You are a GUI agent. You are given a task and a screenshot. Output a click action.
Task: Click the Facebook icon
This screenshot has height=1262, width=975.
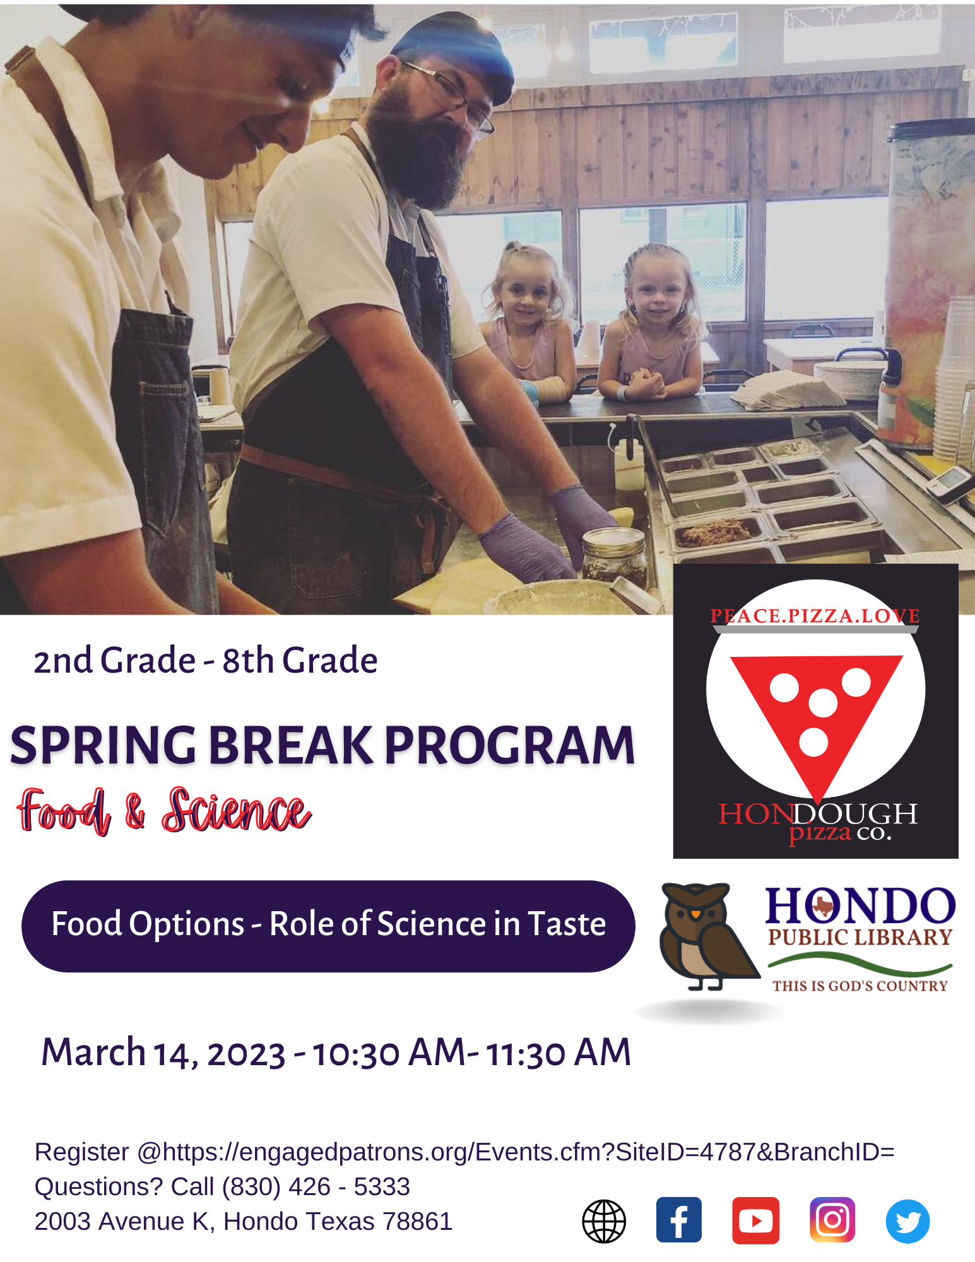[x=678, y=1219]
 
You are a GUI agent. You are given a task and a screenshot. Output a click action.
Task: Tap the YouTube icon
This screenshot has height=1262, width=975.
[x=755, y=1220]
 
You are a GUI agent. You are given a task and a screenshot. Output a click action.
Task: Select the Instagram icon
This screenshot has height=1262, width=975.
[x=832, y=1219]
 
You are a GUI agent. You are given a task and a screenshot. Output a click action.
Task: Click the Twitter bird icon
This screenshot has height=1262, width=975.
[x=907, y=1221]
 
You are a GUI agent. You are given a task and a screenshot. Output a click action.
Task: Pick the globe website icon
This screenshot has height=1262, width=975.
[x=604, y=1221]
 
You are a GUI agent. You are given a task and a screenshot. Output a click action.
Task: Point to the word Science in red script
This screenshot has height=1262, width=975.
[x=236, y=811]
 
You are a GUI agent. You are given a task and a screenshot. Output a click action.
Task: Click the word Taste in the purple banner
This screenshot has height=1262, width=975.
[x=566, y=924]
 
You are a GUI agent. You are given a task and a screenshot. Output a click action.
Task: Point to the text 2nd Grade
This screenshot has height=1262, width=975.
[x=114, y=661]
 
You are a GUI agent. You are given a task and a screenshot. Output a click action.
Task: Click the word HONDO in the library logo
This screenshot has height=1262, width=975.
[x=860, y=906]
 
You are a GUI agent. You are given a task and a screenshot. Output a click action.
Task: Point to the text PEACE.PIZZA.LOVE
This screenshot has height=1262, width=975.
[x=815, y=616]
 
